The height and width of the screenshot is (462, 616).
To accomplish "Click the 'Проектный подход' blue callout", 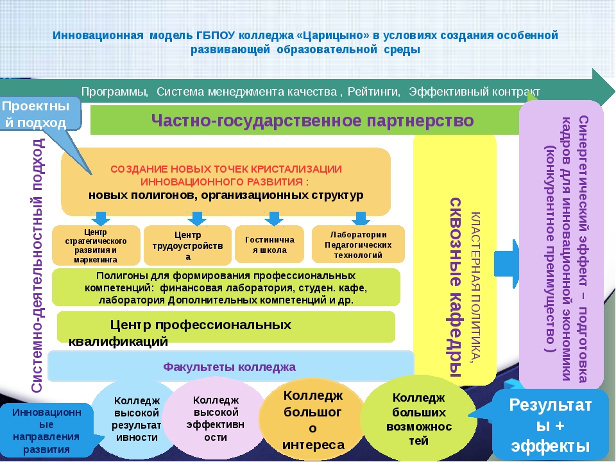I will point(40,114).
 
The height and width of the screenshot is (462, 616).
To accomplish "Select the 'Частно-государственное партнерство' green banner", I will point(312,121).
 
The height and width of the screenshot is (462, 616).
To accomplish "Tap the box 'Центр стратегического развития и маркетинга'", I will point(96,245).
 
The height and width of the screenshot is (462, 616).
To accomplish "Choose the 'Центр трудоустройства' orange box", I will point(187,246).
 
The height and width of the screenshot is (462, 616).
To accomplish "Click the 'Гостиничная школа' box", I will point(269,244).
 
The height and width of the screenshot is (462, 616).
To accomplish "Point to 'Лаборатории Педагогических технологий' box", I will point(358,244).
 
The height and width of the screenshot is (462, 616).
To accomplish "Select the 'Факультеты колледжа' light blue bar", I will point(230,367).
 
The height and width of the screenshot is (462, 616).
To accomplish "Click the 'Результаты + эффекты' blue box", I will point(549,425).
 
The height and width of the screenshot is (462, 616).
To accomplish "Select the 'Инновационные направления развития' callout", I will point(46,430).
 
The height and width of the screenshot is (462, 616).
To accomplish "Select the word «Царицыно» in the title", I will point(339,35).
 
